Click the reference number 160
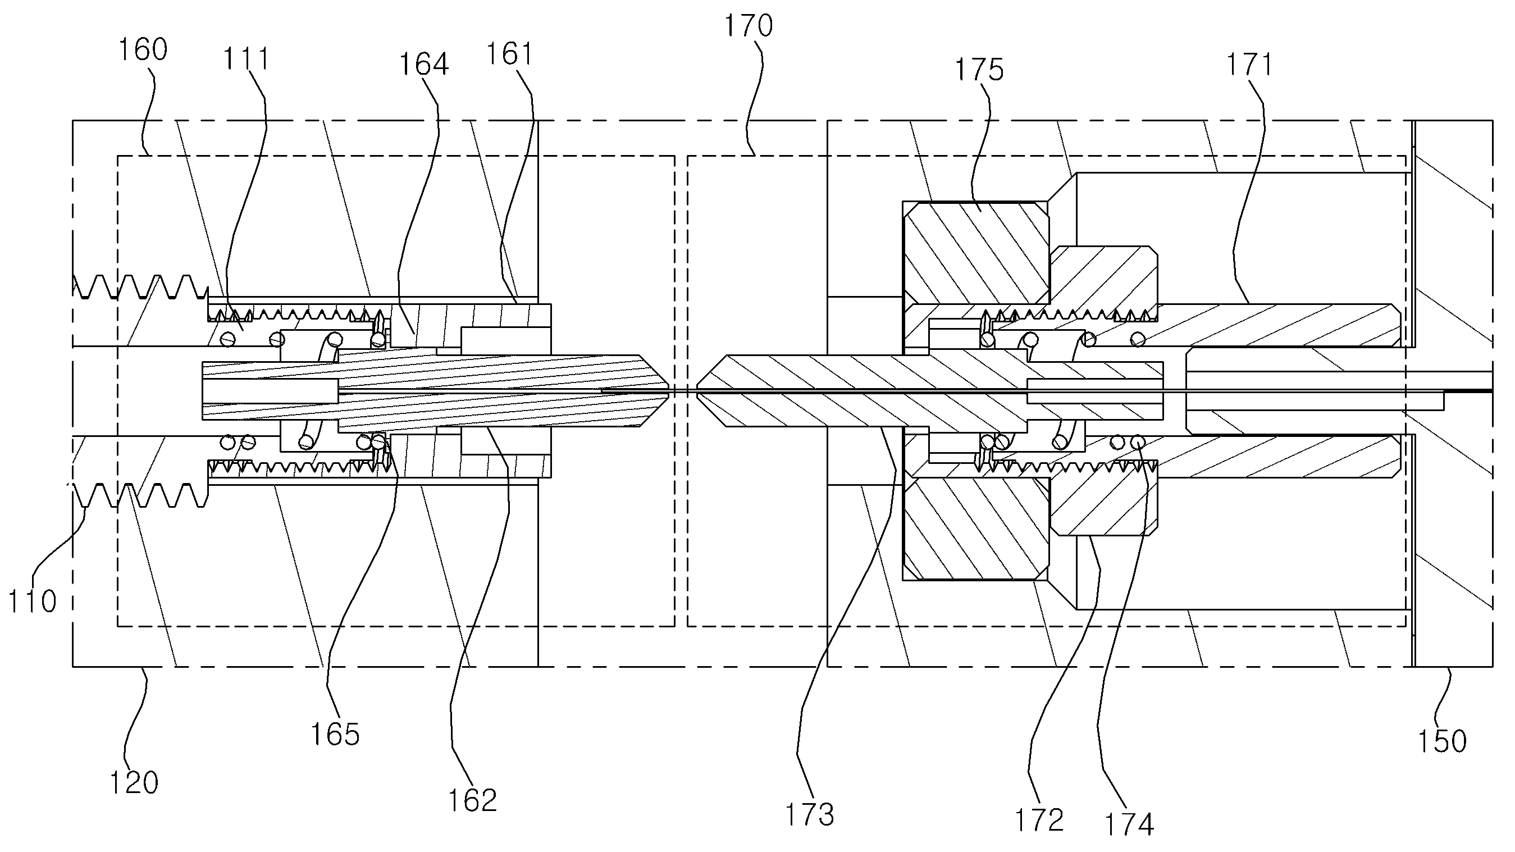click(x=143, y=49)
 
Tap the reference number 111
click(x=247, y=59)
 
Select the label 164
click(x=424, y=64)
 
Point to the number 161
click(x=509, y=53)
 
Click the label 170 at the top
click(x=748, y=26)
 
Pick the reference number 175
click(x=979, y=70)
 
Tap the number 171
click(x=1249, y=65)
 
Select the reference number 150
click(x=1442, y=741)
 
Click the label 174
click(x=1129, y=824)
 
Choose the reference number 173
click(x=810, y=815)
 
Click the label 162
click(x=473, y=800)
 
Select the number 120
click(x=134, y=783)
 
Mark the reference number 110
click(x=33, y=602)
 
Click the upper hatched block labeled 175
click(x=976, y=253)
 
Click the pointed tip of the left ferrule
click(x=670, y=391)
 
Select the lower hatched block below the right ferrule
click(x=976, y=528)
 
